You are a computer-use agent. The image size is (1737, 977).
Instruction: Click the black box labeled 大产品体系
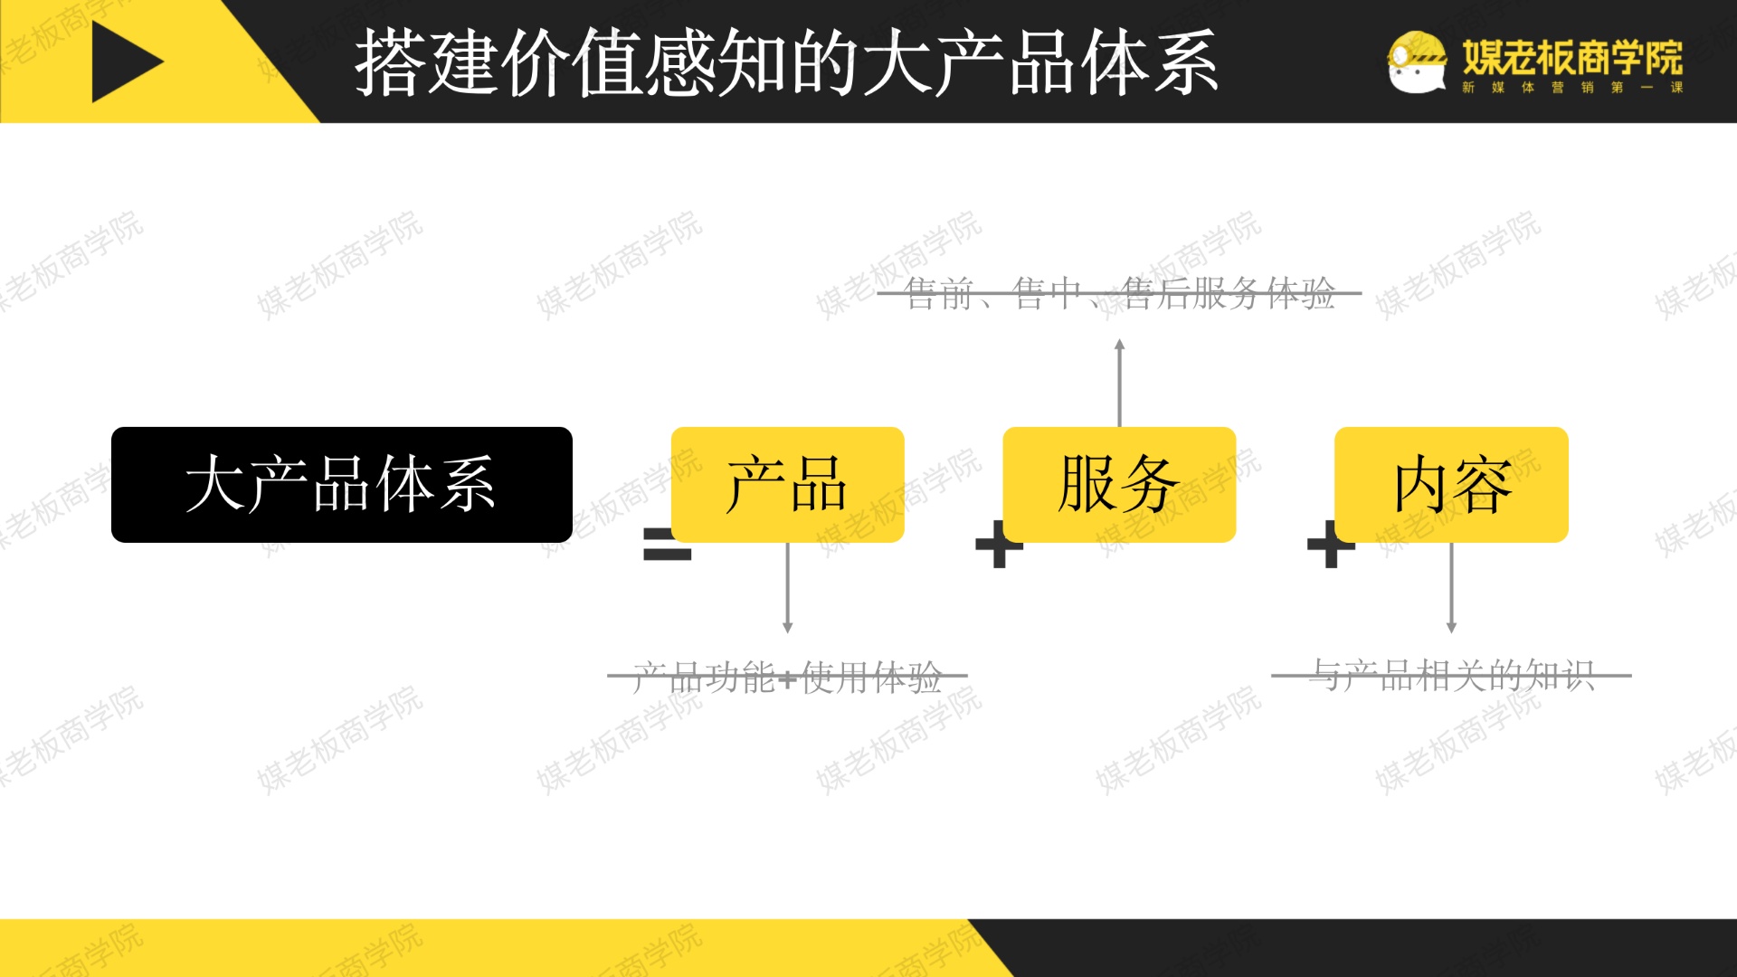coord(341,485)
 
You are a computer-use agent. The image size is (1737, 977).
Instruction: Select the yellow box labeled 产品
coord(787,485)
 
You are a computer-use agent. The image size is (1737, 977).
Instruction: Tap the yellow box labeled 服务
coord(1119,485)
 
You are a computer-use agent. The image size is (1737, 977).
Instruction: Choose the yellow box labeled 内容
coord(1451,485)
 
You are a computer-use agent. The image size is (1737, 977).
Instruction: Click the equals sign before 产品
coord(667,544)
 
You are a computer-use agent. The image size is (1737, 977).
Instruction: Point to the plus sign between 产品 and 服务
coord(999,545)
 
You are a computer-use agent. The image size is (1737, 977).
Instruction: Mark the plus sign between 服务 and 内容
coord(1331,545)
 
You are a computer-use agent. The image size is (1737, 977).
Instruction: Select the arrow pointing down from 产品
coord(787,588)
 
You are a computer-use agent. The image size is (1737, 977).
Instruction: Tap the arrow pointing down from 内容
coord(1451,588)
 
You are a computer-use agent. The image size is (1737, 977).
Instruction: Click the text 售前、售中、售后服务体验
coord(1119,293)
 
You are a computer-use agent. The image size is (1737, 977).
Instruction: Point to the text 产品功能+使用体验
coord(787,676)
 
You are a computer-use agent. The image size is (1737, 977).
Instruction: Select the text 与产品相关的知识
coord(1451,675)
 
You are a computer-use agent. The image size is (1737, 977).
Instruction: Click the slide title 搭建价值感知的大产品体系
coord(786,62)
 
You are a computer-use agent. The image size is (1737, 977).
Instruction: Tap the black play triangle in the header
coord(125,62)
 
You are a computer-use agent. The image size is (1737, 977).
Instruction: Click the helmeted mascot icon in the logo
coord(1416,62)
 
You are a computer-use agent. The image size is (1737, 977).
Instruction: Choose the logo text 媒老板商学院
coord(1572,57)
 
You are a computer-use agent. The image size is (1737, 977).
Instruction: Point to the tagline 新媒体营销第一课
coord(1572,88)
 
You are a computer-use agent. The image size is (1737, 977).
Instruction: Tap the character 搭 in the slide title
coord(391,62)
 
